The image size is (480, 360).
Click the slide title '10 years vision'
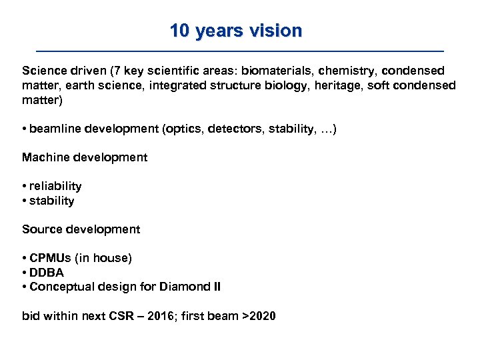click(235, 31)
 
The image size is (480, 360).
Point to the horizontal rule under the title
click(239, 51)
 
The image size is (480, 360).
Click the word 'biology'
click(275, 85)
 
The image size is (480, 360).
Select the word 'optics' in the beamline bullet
click(183, 129)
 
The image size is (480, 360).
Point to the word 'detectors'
click(231, 129)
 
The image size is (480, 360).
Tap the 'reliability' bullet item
click(55, 186)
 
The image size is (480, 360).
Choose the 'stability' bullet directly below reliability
click(51, 201)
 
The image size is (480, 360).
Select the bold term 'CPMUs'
click(51, 258)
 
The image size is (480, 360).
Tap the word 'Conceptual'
click(61, 287)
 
